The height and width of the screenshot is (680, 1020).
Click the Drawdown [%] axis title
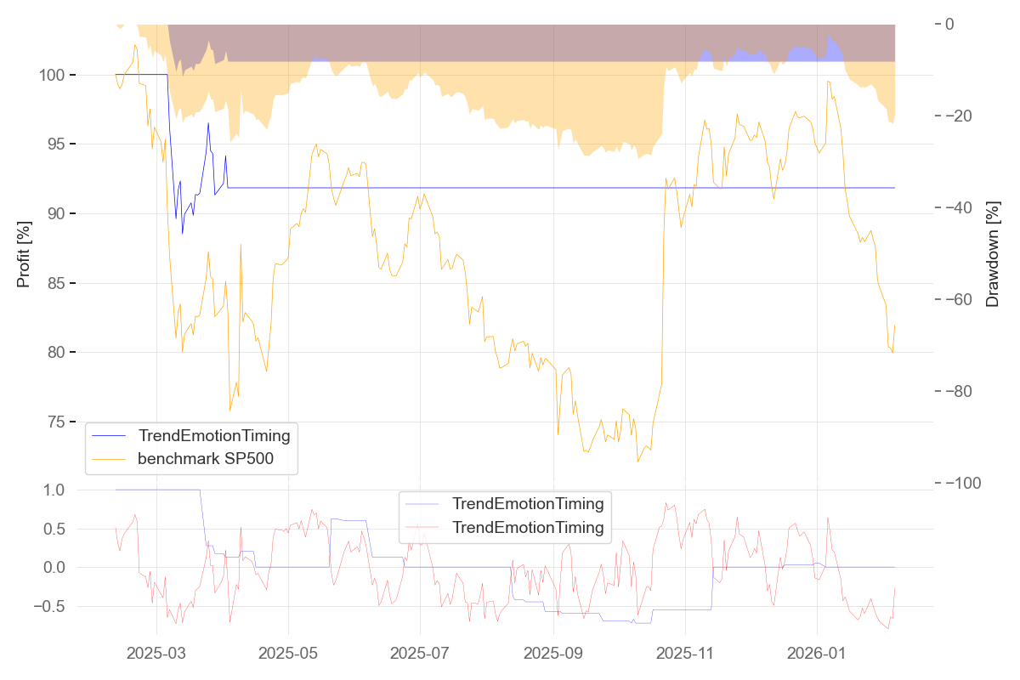992,253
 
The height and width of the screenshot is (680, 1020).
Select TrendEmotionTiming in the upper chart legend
214,436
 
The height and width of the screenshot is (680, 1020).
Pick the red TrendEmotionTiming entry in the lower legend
528,527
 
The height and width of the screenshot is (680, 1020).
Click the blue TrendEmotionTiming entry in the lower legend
528,503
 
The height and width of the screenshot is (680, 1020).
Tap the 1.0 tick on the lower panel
54,490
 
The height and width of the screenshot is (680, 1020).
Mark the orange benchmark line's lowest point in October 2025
637,462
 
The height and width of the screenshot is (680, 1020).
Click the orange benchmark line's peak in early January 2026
828,82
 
